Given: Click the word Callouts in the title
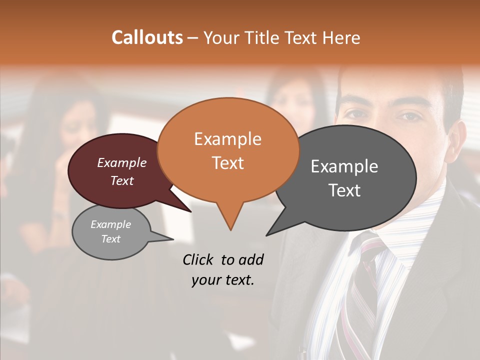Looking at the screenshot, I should pos(147,37).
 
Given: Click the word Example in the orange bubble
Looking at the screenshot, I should pos(227,139).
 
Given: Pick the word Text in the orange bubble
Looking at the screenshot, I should pos(227,163).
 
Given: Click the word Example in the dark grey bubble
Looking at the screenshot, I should pos(344,166).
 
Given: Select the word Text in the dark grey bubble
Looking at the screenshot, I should pos(344,190).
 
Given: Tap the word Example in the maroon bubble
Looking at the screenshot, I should pos(121,162).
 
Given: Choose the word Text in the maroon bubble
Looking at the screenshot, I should pos(121,180).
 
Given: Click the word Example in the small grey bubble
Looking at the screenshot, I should pos(110,224).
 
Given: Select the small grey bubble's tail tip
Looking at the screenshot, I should pos(173,239).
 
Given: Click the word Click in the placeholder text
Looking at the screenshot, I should pos(199,259).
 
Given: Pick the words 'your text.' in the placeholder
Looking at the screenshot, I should pos(222,280).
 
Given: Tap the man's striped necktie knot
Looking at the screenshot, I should pos(368,246).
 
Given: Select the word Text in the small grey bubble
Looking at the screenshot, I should pos(110,239).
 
